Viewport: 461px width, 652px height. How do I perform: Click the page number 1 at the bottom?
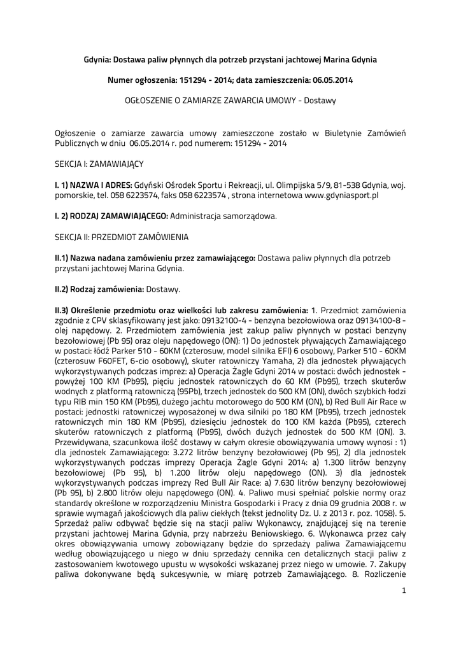[404, 590]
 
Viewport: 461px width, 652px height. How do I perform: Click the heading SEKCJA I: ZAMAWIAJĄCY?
[99, 164]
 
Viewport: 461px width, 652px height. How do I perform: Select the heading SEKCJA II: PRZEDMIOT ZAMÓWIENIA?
[121, 236]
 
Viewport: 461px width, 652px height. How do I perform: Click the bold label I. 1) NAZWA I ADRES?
[93, 185]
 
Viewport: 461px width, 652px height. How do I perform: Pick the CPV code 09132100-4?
[230, 320]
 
